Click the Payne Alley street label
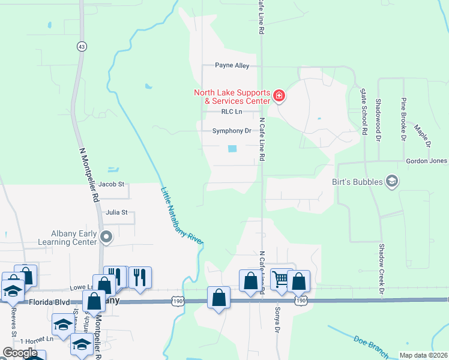(x=232, y=65)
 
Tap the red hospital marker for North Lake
(x=279, y=96)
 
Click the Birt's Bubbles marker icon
(x=392, y=181)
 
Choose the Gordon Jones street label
(x=426, y=161)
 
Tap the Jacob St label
(x=111, y=184)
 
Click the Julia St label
(x=116, y=212)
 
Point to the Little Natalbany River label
(x=182, y=215)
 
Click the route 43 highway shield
(x=81, y=46)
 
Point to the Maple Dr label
(x=422, y=136)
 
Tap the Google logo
(x=20, y=352)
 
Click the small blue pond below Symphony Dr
(x=232, y=148)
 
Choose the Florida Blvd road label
(x=49, y=303)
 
